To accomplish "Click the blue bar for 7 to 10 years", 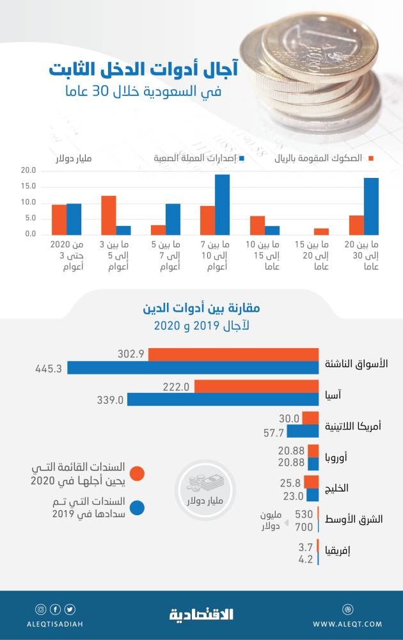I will click(x=222, y=204).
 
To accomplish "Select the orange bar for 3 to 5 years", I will click(x=109, y=215).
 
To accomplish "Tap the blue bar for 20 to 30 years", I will click(x=371, y=206).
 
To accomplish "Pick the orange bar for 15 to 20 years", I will click(x=321, y=231).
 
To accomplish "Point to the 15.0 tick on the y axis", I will click(x=28, y=187).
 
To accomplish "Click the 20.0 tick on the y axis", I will click(x=28, y=171).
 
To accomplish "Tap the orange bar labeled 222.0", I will click(x=257, y=387).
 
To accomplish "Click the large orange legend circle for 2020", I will click(x=136, y=474).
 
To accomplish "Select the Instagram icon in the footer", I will click(x=40, y=609).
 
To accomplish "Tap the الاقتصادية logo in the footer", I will click(x=201, y=615).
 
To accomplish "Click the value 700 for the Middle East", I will click(x=304, y=526).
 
